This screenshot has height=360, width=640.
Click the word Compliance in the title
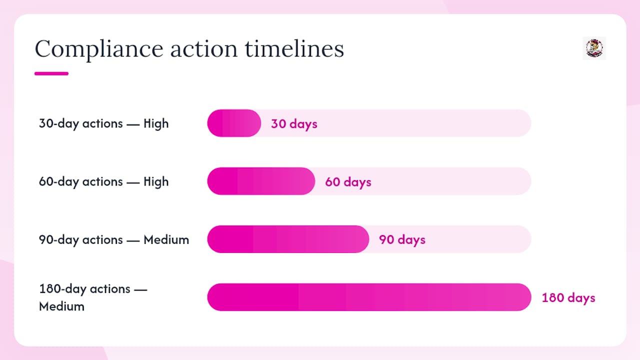coord(99,49)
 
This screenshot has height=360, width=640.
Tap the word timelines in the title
coord(294,49)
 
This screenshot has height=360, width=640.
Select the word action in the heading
coord(204,49)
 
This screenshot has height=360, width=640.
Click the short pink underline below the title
coord(51,73)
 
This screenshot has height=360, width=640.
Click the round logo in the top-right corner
coord(594,48)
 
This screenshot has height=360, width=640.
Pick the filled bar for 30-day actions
coord(234,123)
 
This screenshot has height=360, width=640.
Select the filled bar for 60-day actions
coord(261,181)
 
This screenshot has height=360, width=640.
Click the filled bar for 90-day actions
coord(288,239)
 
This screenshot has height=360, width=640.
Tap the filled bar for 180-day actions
coord(369,297)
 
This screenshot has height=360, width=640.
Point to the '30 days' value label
coord(294,124)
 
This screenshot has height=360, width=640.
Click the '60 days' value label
coord(348,182)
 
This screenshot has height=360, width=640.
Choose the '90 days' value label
coord(402,240)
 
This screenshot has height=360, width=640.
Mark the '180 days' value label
coord(568,298)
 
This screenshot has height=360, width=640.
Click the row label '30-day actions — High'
coord(103,123)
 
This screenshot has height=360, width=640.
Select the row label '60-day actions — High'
coord(103,181)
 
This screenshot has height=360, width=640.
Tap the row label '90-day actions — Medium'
coord(114,239)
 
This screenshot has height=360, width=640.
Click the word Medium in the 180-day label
coord(61,306)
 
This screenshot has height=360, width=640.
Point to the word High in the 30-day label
coord(156,123)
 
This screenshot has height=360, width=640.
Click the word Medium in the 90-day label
coord(166,239)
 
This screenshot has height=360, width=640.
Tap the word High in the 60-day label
coord(156,181)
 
